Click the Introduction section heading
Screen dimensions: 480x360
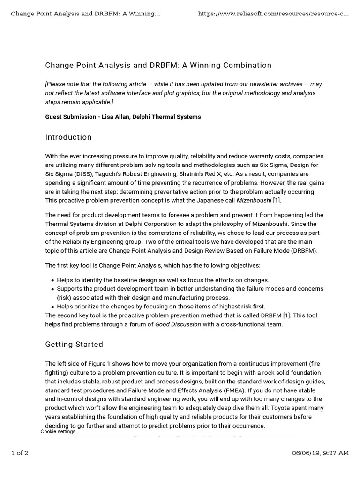pos(68,137)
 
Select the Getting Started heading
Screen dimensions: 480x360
pos(74,345)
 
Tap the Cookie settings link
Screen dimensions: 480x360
pos(58,431)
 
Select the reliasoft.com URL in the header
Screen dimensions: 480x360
pos(273,14)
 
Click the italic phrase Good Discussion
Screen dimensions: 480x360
pos(178,324)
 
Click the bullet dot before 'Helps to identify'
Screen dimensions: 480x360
pos(52,280)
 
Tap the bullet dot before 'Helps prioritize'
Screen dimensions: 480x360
pos(52,307)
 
